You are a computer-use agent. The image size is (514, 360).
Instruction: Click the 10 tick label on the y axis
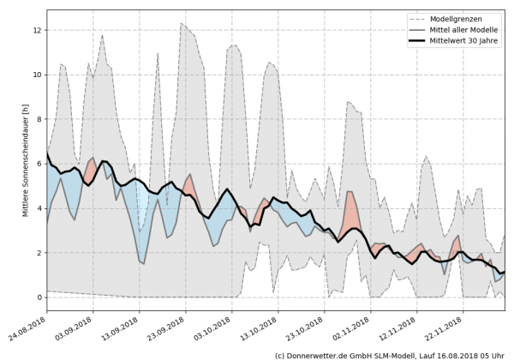point(37,75)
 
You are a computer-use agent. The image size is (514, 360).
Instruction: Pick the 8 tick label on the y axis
point(39,119)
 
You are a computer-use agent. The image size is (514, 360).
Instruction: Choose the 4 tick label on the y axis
point(39,208)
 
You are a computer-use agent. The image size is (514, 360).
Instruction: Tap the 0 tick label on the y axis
point(39,297)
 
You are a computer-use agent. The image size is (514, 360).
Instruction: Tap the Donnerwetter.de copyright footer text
point(390,354)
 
